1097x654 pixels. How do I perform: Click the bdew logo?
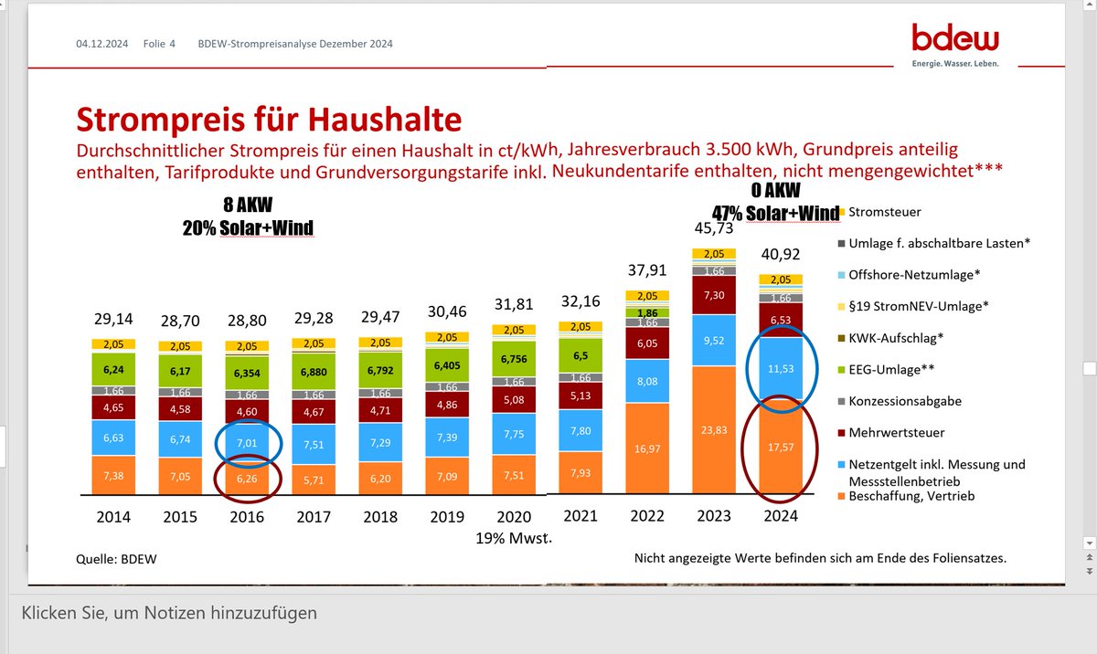[955, 43]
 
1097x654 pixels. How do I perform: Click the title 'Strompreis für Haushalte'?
[268, 119]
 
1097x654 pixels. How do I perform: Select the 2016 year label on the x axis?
[247, 516]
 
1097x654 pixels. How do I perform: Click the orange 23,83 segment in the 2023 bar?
[714, 428]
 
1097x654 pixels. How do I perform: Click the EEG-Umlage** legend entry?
[896, 369]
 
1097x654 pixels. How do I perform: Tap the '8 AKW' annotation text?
[247, 206]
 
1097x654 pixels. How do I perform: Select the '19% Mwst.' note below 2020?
[514, 538]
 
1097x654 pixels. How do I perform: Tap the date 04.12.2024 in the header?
[101, 43]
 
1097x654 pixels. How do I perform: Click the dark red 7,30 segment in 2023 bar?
[714, 295]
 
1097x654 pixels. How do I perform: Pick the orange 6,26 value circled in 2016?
[247, 476]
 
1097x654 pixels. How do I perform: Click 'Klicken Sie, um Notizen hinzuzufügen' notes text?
[169, 613]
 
